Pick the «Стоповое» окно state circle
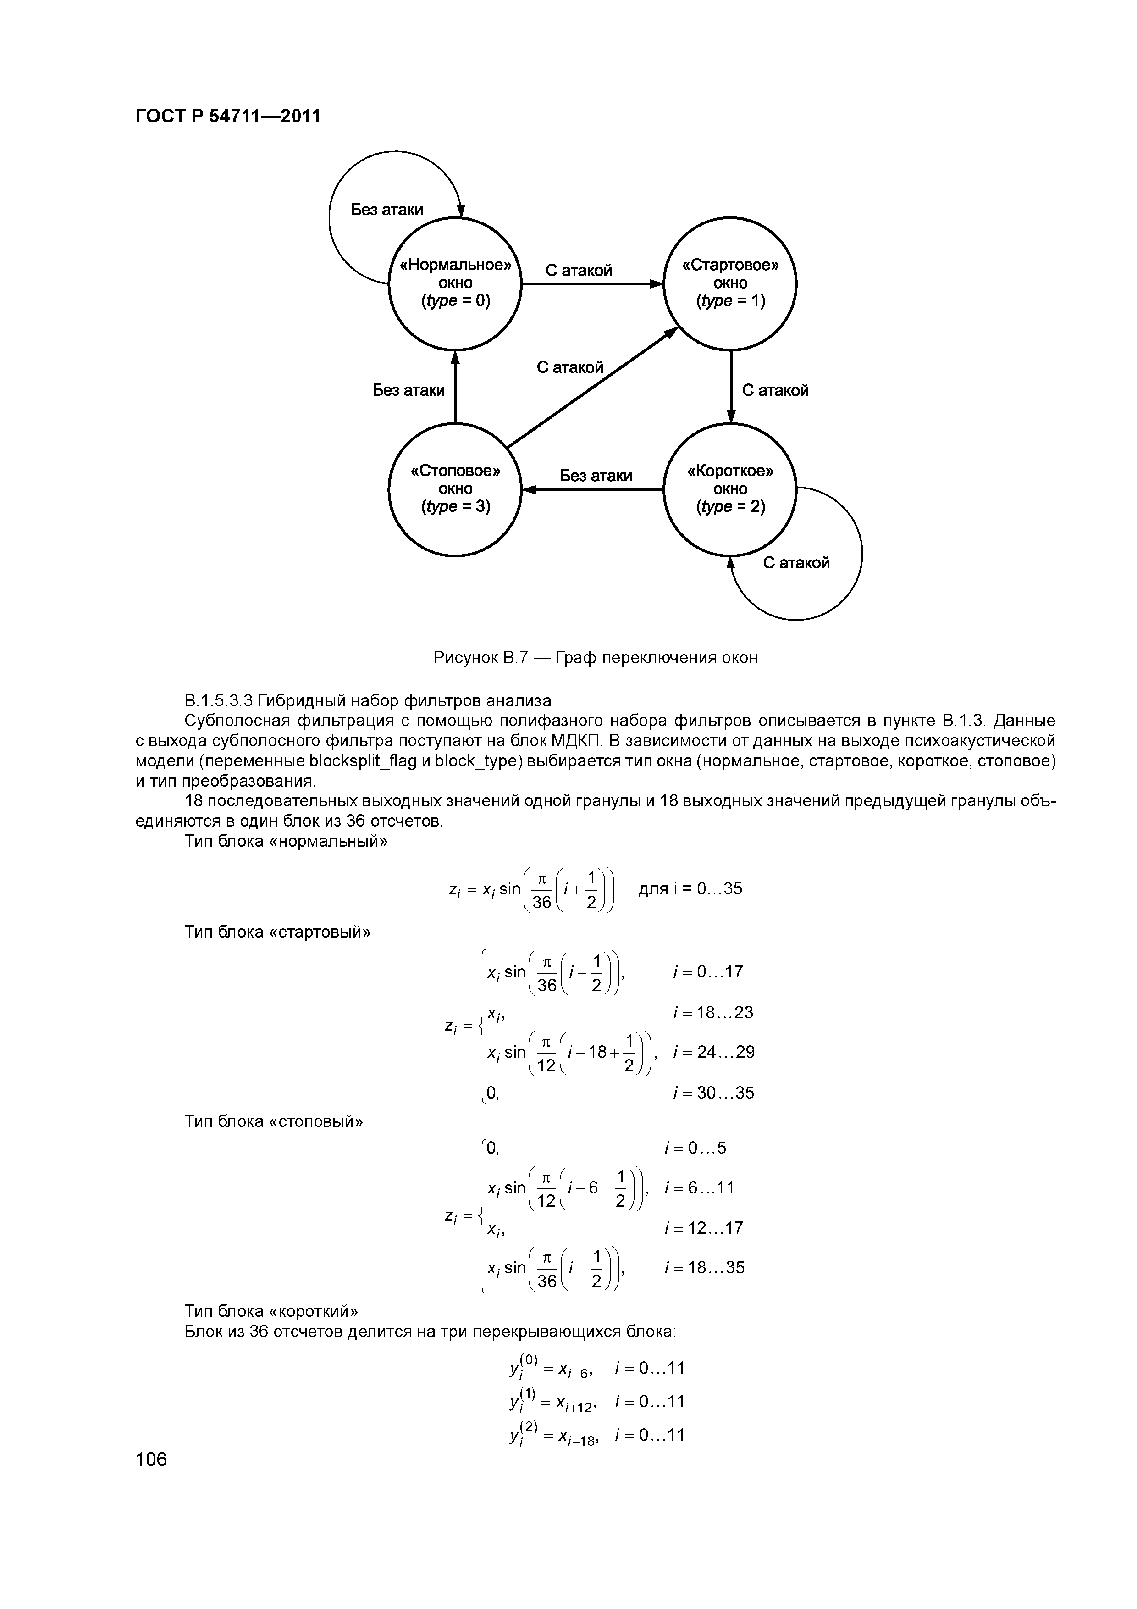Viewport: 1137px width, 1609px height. click(455, 489)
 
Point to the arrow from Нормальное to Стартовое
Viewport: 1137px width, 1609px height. click(592, 284)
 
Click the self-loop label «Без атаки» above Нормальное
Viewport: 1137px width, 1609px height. click(386, 210)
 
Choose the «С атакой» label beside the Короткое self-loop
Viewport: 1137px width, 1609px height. click(796, 563)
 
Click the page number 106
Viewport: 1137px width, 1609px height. click(151, 1459)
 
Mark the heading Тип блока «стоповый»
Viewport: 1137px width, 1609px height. click(274, 1121)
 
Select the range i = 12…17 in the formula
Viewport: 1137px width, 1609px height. click(703, 1228)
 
